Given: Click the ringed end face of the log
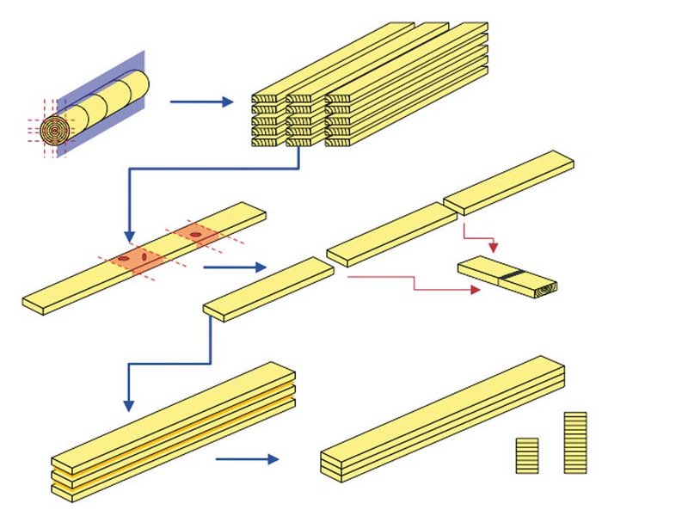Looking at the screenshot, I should pos(53,132).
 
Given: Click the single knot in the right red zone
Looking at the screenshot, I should pos(197,234).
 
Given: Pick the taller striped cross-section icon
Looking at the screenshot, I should pos(575,442).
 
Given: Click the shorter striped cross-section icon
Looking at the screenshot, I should pos(527,455).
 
